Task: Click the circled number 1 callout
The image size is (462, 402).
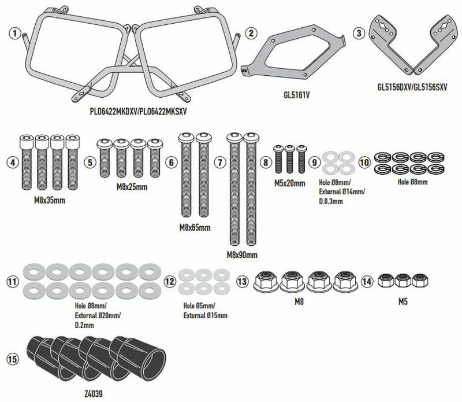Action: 15,33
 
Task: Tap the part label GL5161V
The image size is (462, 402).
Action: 296,95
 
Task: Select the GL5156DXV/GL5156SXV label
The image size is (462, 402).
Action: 412,87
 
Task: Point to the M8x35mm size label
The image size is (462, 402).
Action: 50,200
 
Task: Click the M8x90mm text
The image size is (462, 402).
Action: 242,255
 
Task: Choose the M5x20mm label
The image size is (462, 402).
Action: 290,183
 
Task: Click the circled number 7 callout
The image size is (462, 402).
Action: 220,162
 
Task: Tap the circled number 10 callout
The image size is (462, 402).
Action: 364,162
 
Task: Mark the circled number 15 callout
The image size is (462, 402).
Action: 12,359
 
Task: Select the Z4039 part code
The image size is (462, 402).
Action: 94,393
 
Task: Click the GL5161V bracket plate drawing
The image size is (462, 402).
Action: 293,53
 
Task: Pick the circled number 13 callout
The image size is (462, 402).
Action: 242,281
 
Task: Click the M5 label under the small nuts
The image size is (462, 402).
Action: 403,302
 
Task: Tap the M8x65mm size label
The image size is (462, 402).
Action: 195,227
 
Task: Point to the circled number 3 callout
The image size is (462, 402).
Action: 359,33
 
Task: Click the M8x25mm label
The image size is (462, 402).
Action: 132,187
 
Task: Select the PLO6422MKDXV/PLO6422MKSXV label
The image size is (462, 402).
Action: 138,111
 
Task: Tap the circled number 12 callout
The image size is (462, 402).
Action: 170,281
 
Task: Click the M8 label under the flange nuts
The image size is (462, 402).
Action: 299,302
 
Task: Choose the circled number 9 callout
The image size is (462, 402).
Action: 315,162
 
